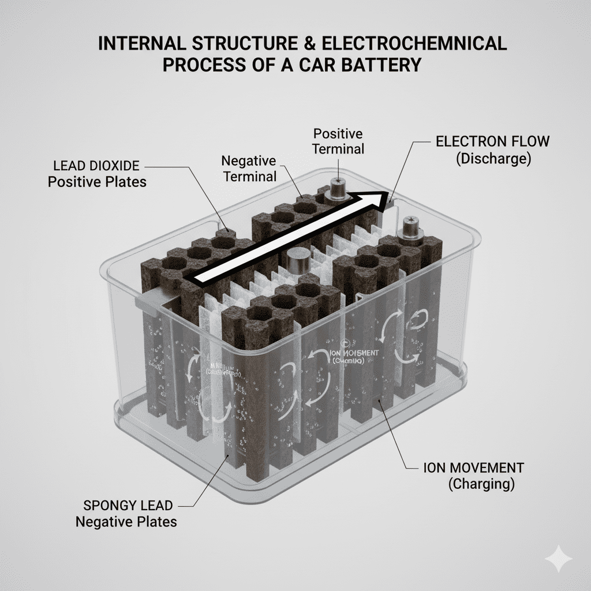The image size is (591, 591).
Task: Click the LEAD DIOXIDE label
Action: (x=95, y=166)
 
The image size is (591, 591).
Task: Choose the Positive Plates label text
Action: (x=97, y=182)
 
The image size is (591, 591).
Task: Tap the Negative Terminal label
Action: (x=249, y=169)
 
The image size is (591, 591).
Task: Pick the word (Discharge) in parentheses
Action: (x=493, y=159)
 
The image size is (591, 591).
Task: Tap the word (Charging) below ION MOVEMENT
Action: (x=481, y=484)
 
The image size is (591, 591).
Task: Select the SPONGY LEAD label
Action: (x=128, y=506)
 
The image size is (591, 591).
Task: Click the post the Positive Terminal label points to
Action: (x=336, y=188)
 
